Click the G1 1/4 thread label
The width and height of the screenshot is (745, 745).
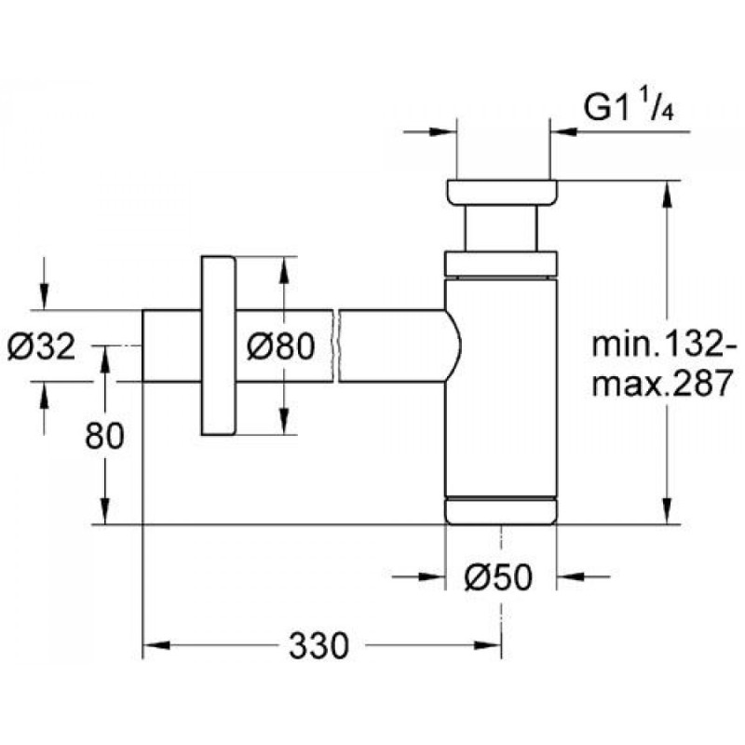(629, 108)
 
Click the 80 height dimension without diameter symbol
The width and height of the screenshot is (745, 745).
(103, 436)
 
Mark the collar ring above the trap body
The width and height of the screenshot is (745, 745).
(502, 264)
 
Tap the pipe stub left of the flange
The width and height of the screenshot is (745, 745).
(169, 345)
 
